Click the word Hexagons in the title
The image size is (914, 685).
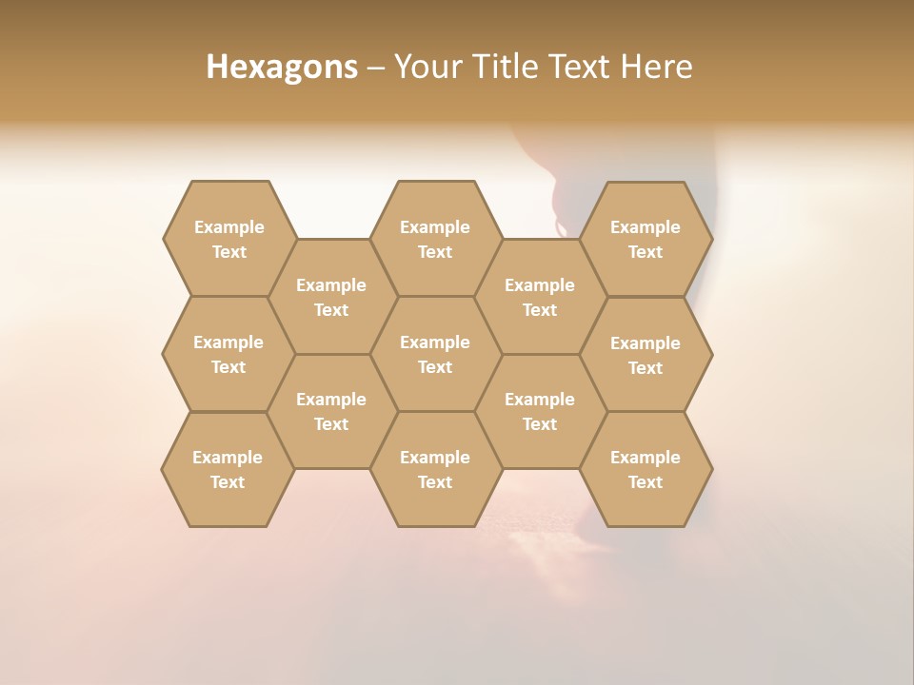coord(282,67)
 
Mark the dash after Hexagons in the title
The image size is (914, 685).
coord(376,68)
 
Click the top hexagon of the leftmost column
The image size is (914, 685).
coord(228,239)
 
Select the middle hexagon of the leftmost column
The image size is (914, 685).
coord(228,354)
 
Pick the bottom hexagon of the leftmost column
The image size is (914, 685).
coord(228,469)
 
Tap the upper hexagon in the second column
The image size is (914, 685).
coord(331,297)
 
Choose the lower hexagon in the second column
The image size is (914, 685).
coord(331,411)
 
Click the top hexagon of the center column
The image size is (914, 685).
coord(435,239)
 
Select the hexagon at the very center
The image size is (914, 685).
coord(435,354)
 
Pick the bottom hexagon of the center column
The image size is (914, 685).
coord(435,469)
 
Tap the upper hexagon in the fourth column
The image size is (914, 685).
coord(540,297)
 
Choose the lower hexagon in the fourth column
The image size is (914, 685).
coord(540,411)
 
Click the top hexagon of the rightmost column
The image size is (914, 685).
coord(646,239)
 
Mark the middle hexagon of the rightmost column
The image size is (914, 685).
coord(646,355)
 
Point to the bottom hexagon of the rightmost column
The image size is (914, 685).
coord(646,469)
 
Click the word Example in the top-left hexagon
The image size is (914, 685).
coord(228,227)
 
